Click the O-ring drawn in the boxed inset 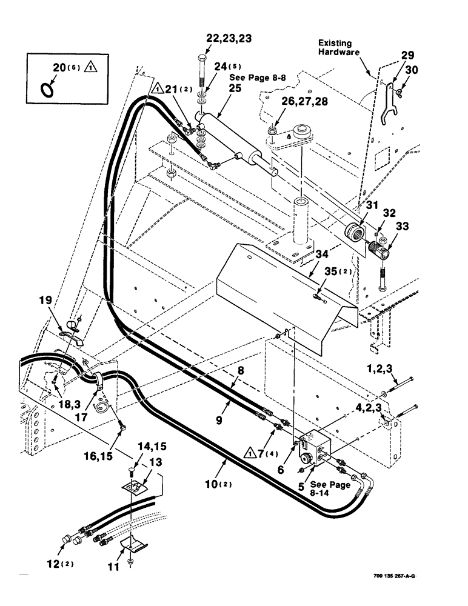point(47,89)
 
